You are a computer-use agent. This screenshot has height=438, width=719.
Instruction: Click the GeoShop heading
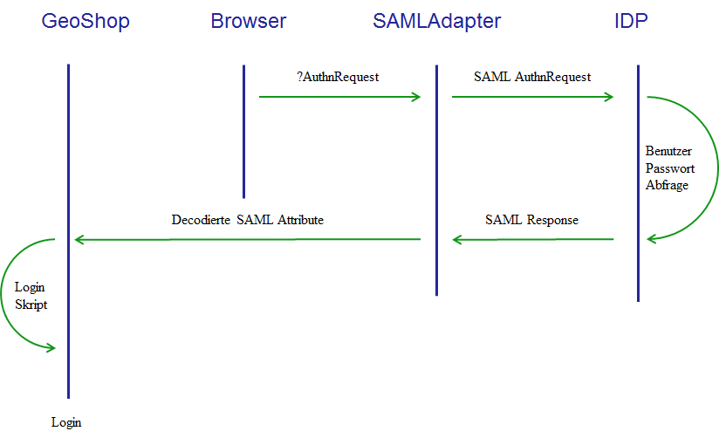click(86, 22)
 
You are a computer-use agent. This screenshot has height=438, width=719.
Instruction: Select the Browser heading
click(249, 21)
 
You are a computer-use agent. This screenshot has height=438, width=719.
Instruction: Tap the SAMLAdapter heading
click(436, 22)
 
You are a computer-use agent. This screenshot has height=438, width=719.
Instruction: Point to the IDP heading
click(631, 21)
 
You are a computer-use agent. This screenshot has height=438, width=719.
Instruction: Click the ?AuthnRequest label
click(338, 77)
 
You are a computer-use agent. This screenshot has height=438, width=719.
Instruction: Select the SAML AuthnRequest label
click(532, 77)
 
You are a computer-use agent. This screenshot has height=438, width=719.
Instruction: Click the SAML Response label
click(532, 220)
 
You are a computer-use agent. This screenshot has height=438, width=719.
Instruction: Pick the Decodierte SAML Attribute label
click(248, 220)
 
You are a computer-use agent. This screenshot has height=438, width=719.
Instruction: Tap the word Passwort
click(670, 168)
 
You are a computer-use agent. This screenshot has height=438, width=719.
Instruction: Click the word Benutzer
click(668, 151)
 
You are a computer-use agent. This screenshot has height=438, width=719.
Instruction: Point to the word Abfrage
click(668, 185)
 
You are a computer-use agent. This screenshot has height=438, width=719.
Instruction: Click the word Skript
click(31, 305)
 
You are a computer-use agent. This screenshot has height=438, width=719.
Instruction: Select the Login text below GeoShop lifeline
click(66, 422)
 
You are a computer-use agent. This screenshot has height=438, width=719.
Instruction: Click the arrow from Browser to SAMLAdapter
click(339, 97)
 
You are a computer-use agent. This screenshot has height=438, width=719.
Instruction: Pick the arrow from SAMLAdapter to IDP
click(532, 97)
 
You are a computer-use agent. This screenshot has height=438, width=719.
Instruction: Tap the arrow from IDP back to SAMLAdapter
click(533, 239)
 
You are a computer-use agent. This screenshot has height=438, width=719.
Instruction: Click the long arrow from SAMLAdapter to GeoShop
click(248, 239)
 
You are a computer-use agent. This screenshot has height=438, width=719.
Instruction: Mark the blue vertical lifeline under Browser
click(244, 132)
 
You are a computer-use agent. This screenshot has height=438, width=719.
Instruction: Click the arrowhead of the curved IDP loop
click(651, 238)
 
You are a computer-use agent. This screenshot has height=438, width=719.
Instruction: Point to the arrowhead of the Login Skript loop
click(51, 347)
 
